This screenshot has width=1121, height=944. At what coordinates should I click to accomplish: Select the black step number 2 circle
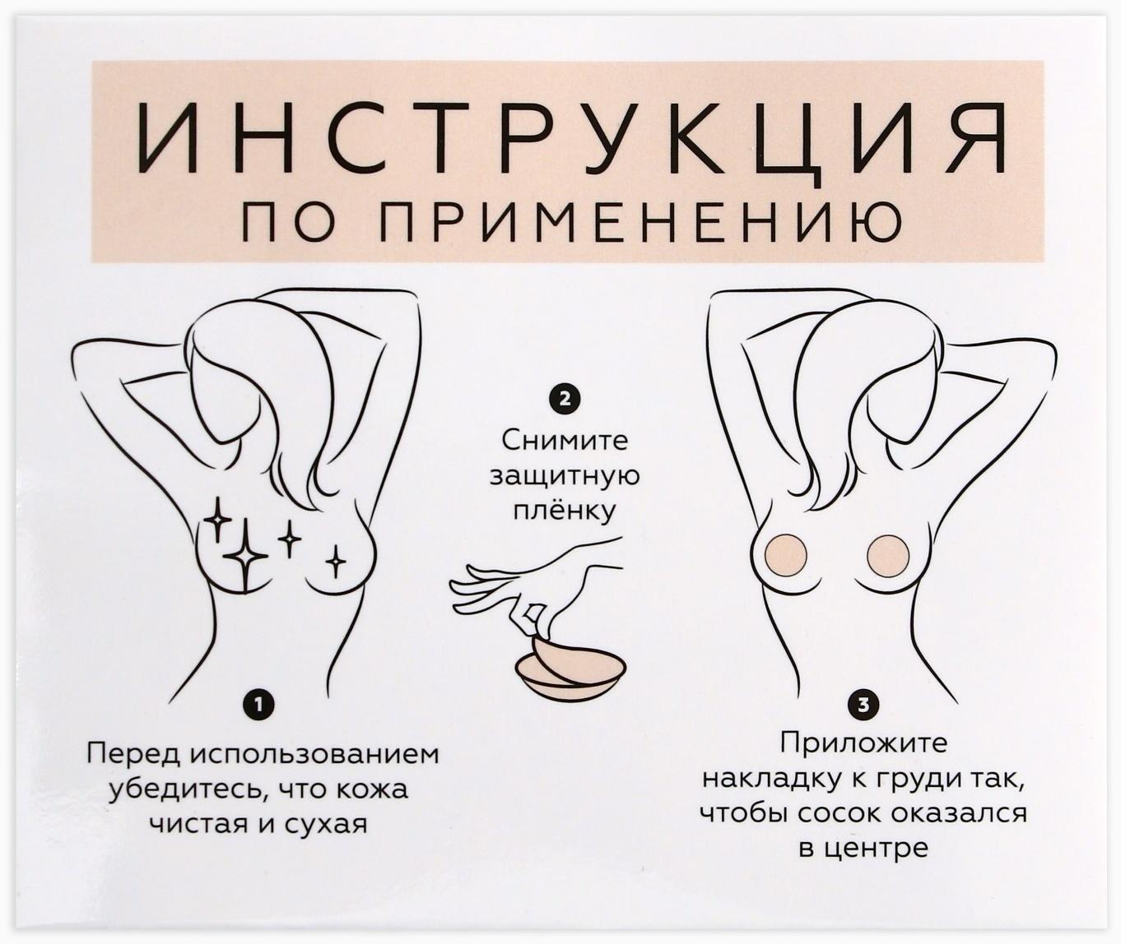564,400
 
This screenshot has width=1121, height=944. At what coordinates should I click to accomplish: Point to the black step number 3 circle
863,704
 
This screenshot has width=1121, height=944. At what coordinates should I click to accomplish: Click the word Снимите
564,441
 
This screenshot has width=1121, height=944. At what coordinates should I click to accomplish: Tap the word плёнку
565,511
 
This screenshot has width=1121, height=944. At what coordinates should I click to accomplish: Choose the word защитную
565,477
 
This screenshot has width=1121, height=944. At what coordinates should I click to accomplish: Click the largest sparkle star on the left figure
245,557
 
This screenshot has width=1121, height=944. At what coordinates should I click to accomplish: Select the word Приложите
863,743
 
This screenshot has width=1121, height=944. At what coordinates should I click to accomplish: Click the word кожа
372,789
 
